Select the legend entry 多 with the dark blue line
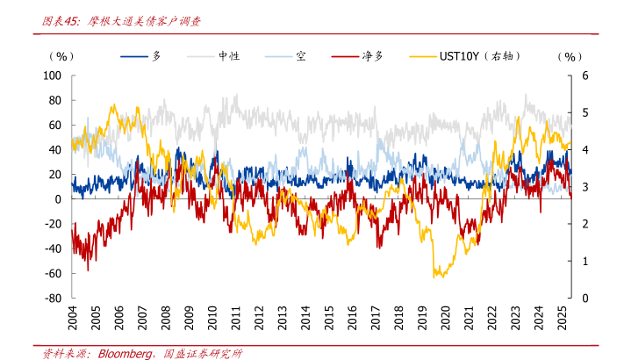[157, 56]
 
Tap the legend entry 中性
[229, 56]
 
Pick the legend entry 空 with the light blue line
[300, 56]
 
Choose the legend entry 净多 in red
[371, 56]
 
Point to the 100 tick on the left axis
[52, 76]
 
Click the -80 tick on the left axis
[52, 299]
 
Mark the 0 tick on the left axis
[57, 199]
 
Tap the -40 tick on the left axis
[52, 249]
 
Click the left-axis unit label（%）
[63, 56]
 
